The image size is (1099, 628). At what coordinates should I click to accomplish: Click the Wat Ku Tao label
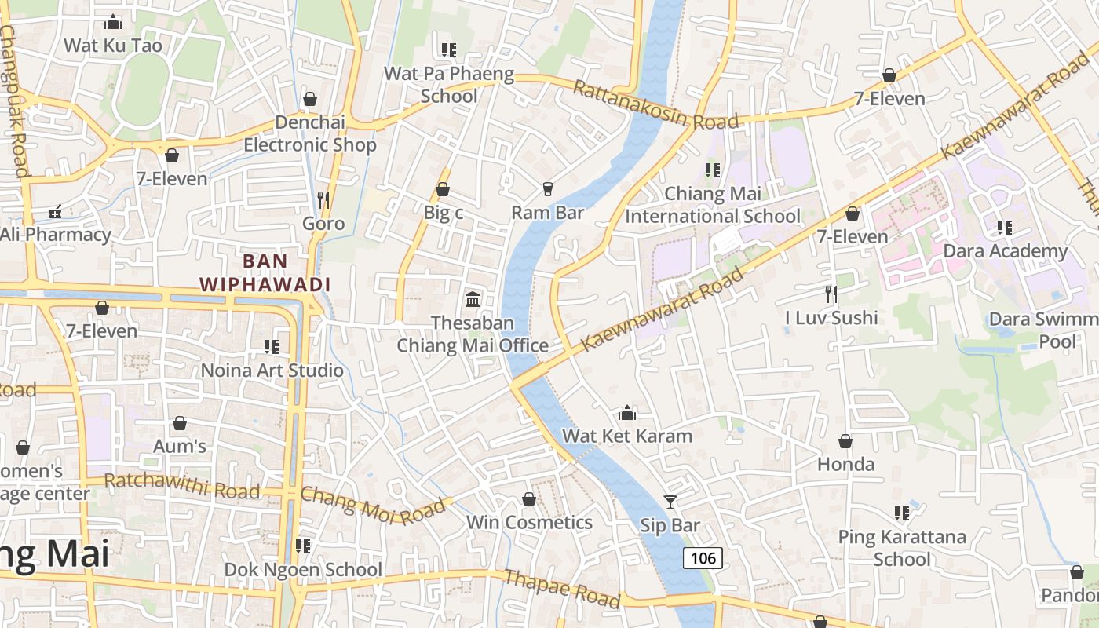(113, 46)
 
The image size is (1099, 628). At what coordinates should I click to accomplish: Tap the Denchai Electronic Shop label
(310, 133)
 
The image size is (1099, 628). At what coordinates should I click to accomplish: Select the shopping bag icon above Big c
(443, 189)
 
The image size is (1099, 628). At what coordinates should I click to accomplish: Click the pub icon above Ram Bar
(547, 189)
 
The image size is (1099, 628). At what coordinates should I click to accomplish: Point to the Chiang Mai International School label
(713, 205)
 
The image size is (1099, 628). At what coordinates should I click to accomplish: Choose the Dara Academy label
(1005, 251)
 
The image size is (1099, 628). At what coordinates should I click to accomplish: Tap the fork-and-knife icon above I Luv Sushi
(831, 294)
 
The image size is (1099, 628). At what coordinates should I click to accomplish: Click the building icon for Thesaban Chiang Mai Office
(473, 299)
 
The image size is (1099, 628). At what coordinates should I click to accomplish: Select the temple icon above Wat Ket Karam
(627, 413)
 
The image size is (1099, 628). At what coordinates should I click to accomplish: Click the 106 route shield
(703, 558)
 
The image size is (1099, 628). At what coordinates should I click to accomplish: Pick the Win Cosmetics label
(529, 523)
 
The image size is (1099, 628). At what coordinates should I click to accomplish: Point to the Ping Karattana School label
(902, 548)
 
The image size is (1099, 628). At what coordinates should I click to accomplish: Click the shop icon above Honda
(845, 441)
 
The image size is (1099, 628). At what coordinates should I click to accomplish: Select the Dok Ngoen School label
(304, 569)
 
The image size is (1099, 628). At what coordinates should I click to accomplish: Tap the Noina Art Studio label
(272, 371)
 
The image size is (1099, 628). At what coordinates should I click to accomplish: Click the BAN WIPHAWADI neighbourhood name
(265, 272)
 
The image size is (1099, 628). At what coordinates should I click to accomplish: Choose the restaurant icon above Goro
(323, 200)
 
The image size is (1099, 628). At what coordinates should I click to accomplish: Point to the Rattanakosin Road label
(655, 104)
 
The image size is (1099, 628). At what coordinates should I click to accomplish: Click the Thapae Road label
(562, 589)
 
